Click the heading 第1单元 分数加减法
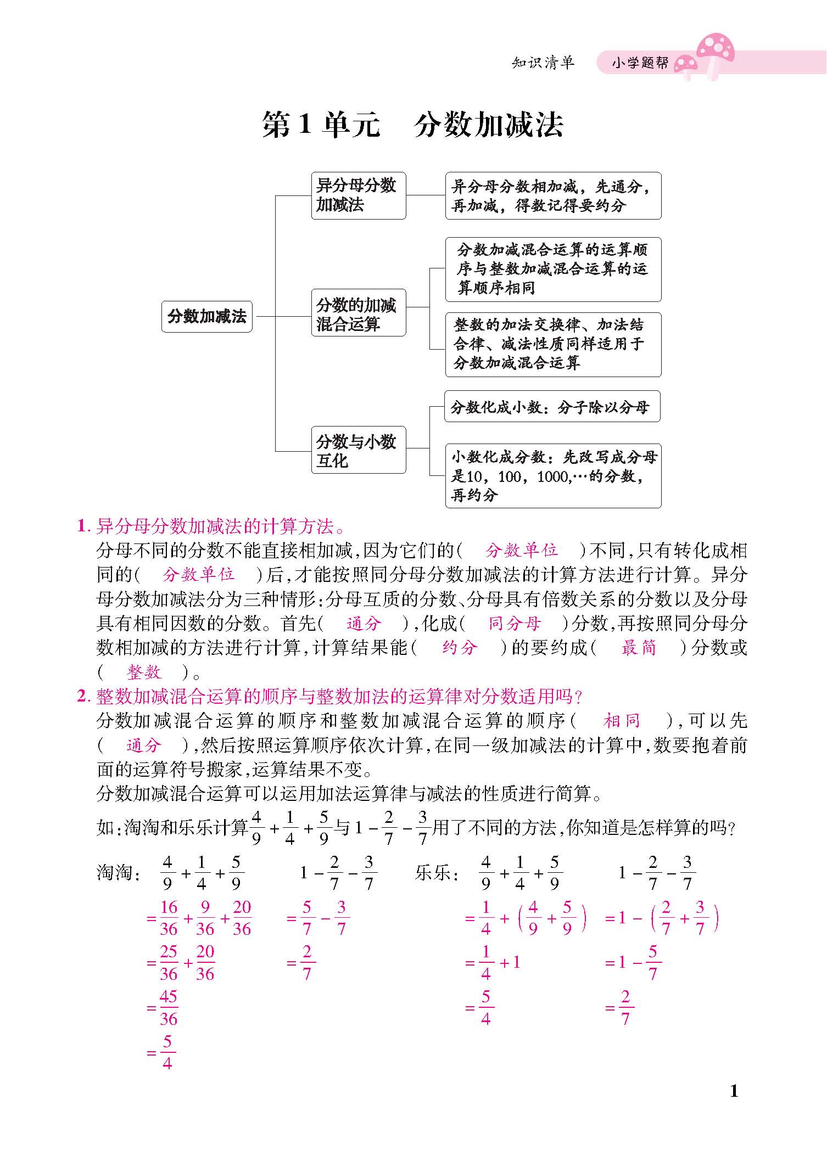pyautogui.click(x=413, y=125)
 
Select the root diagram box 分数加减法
pyautogui.click(x=207, y=316)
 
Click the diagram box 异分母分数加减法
pyautogui.click(x=358, y=195)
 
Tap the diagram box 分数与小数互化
pyautogui.click(x=358, y=450)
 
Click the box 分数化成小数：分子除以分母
pyautogui.click(x=552, y=407)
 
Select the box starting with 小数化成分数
pyautogui.click(x=553, y=475)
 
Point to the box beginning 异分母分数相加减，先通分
pyautogui.click(x=553, y=195)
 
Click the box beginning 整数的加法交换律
pyautogui.click(x=553, y=344)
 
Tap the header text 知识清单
pyautogui.click(x=543, y=63)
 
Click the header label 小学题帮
pyautogui.click(x=640, y=63)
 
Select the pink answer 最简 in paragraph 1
pyautogui.click(x=639, y=648)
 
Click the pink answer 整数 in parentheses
pyautogui.click(x=144, y=672)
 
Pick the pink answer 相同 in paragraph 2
pyautogui.click(x=622, y=721)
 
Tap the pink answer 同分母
pyautogui.click(x=515, y=624)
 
